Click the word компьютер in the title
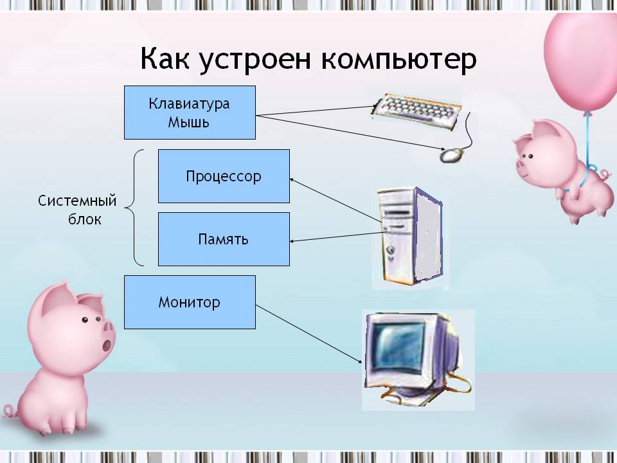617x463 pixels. point(398,59)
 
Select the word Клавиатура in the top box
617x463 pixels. point(189,104)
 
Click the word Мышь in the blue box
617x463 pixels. point(188,122)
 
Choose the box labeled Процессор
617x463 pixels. point(224,176)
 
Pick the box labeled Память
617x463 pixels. point(224,239)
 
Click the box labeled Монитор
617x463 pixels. point(190,302)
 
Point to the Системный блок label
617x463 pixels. point(77,210)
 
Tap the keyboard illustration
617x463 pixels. point(417,111)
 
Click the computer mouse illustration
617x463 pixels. point(451,155)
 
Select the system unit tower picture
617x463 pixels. point(410,235)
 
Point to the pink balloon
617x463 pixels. point(581,59)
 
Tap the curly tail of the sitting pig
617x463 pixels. point(10,411)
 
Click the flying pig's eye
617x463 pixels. point(531,157)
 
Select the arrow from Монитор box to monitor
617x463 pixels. point(309,334)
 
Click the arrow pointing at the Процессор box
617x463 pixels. point(335,201)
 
